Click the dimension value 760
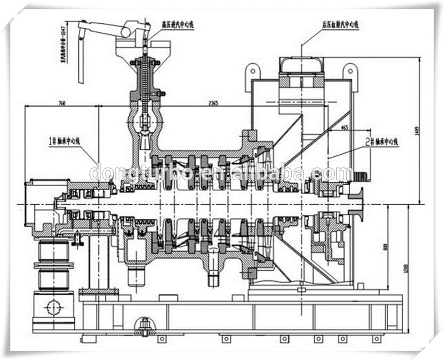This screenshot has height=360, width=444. (x=61, y=103)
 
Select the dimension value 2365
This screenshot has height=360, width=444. (x=213, y=103)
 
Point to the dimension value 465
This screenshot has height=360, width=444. (x=345, y=128)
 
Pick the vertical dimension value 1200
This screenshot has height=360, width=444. (x=408, y=270)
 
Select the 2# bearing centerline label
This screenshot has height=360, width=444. (x=383, y=141)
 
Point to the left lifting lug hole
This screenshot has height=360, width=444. (x=253, y=70)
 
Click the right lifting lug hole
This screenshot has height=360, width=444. (x=350, y=70)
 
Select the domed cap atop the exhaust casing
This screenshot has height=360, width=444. (x=301, y=65)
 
